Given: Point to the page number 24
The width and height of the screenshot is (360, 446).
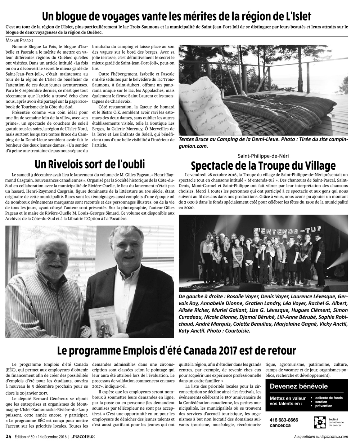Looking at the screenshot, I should coord(8,436).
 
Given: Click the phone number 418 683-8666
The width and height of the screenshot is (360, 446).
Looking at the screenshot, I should coord(284,420).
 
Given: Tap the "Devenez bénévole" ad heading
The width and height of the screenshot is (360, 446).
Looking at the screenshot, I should coord(298,387).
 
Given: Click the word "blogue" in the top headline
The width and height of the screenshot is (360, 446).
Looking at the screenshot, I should coord(74,17).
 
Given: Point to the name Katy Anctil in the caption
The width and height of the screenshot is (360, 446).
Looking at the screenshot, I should coord(192,330).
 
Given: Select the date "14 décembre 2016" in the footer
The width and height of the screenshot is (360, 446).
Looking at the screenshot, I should coord(52,437).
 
